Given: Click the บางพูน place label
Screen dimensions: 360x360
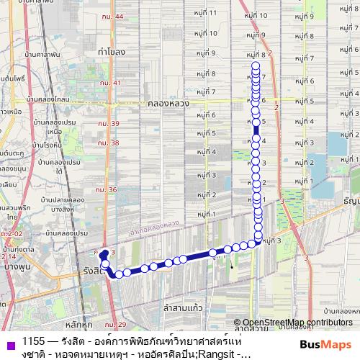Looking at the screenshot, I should pos(14,266).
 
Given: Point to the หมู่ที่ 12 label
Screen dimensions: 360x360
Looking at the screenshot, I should pos(206,1).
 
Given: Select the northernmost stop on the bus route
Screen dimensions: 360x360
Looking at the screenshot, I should pos(256,66).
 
